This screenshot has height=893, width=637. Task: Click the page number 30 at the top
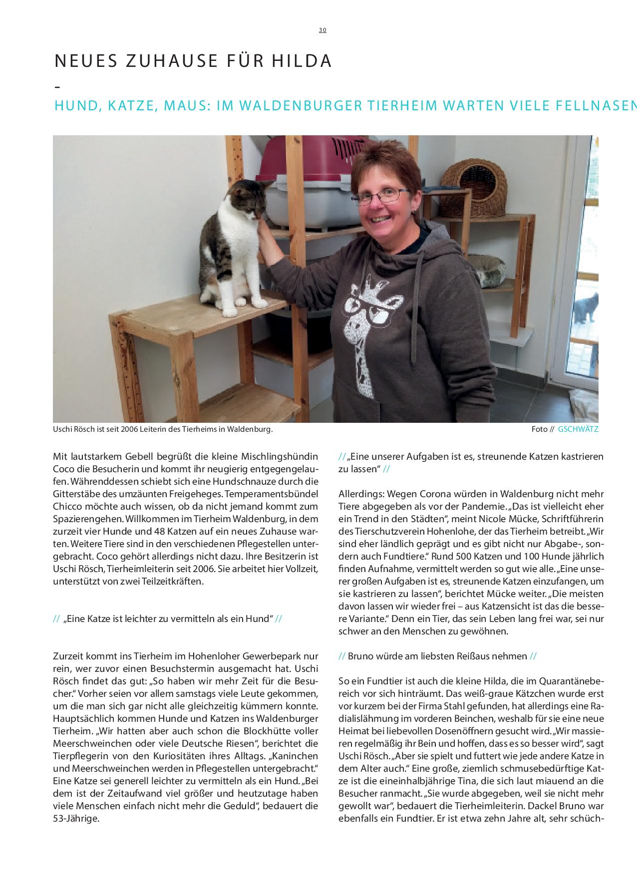coord(322,30)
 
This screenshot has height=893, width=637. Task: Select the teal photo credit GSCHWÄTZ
coord(578,429)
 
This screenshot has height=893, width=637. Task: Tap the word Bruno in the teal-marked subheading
coord(360,656)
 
